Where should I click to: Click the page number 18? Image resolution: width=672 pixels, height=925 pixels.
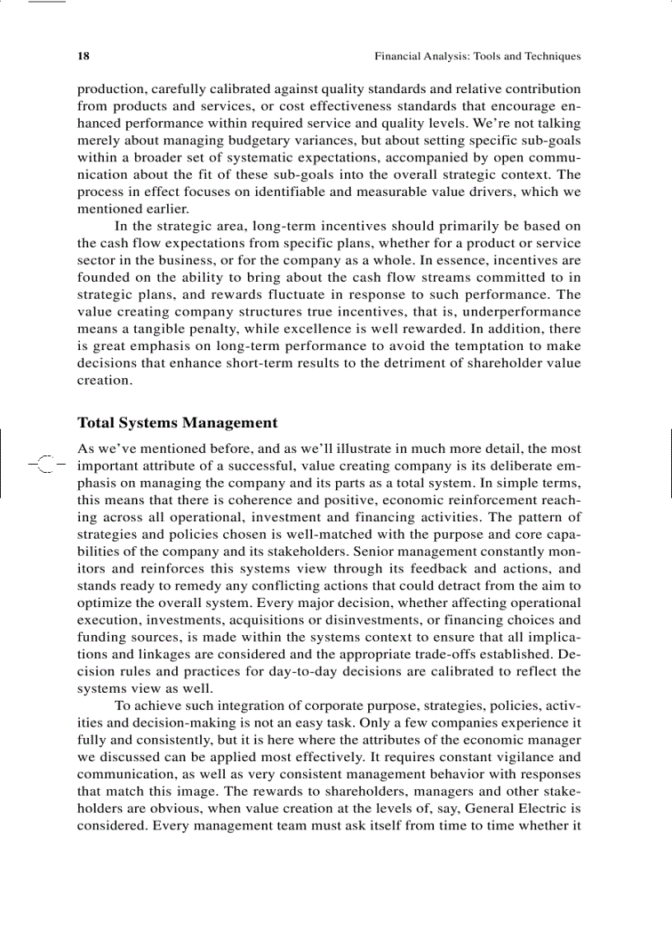[x=83, y=57]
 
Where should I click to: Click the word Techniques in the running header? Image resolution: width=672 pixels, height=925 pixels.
[x=553, y=57]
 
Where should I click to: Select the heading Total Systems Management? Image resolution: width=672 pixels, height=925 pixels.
[x=177, y=423]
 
